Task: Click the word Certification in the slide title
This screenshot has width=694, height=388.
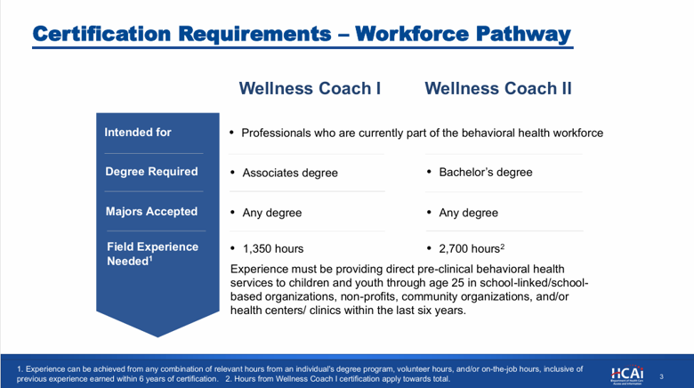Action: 101,34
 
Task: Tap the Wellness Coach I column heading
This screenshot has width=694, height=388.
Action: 310,88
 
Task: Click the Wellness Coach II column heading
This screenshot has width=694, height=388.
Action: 498,88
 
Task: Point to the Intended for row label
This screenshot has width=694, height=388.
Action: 138,132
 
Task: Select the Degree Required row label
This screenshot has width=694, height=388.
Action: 151,172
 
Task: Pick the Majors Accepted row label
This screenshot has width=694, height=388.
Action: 151,211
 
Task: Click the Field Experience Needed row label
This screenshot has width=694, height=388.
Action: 153,254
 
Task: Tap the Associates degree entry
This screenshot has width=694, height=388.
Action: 290,173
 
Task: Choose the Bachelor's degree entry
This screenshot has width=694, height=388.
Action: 486,173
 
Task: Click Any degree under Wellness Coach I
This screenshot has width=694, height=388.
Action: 271,213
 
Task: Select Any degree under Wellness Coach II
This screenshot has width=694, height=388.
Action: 468,213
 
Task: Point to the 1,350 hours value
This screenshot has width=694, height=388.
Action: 273,248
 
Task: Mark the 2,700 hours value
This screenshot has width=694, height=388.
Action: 469,248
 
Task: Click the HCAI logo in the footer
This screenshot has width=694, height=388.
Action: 627,376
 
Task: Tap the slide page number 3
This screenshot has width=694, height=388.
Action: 662,377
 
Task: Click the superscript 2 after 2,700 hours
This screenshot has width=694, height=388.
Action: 503,246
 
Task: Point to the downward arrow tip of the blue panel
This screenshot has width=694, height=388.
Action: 157,337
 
